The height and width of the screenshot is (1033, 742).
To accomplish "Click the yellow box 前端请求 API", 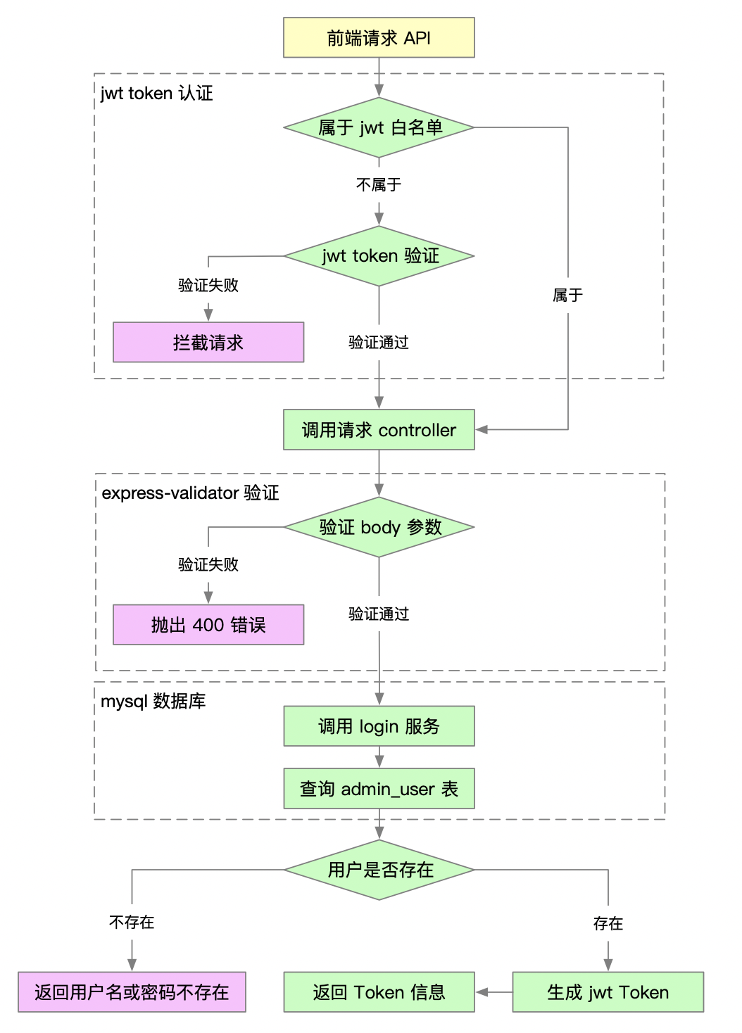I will [x=379, y=38].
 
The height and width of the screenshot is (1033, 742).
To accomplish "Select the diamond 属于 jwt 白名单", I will [x=379, y=127].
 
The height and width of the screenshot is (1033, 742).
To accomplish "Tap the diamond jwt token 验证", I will [x=379, y=256].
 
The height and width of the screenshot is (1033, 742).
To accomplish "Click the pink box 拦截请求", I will [x=208, y=343].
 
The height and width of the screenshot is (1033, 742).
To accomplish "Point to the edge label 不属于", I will [x=379, y=184].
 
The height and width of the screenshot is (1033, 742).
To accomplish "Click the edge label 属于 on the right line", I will [x=567, y=296].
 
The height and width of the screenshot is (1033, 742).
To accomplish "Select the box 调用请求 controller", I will [x=379, y=430].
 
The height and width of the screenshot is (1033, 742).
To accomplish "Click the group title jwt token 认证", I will [x=156, y=94].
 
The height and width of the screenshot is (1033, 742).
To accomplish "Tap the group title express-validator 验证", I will [x=190, y=493].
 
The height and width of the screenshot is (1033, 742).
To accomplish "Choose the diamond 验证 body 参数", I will [x=379, y=527].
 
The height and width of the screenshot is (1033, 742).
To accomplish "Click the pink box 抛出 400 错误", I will [x=208, y=625].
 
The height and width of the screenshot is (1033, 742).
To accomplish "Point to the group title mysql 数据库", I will [x=153, y=702].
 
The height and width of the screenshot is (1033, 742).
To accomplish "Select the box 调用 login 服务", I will [x=379, y=726].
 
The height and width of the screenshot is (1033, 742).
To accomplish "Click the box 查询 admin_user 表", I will [x=379, y=789].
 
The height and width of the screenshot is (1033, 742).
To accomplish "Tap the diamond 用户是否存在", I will [x=379, y=870].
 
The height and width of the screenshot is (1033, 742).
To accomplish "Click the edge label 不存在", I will [x=132, y=923].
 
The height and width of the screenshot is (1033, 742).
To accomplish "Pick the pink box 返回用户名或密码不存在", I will [x=132, y=992].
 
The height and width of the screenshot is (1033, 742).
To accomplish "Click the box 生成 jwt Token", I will [x=608, y=992].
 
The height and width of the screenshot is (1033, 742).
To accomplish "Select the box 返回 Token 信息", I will [x=379, y=992].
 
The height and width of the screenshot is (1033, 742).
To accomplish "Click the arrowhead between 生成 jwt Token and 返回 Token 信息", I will [x=482, y=992].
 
